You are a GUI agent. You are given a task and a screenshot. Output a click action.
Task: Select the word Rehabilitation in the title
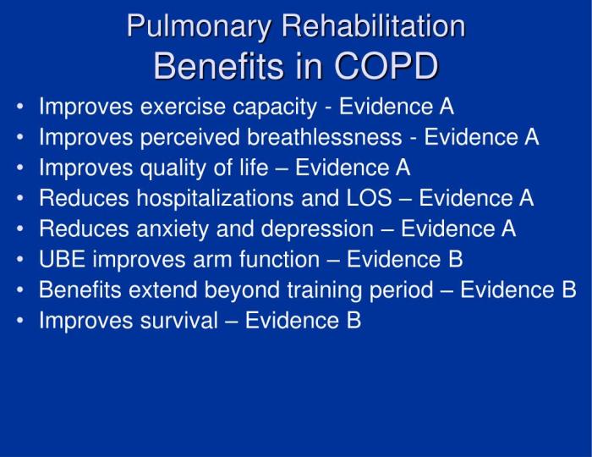pyautogui.click(x=373, y=27)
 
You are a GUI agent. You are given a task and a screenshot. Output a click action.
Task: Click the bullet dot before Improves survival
pyautogui.click(x=19, y=322)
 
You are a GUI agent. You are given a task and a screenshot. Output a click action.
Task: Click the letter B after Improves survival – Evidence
pyautogui.click(x=354, y=321)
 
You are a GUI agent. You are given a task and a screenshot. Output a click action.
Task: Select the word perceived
pyautogui.click(x=177, y=138)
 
